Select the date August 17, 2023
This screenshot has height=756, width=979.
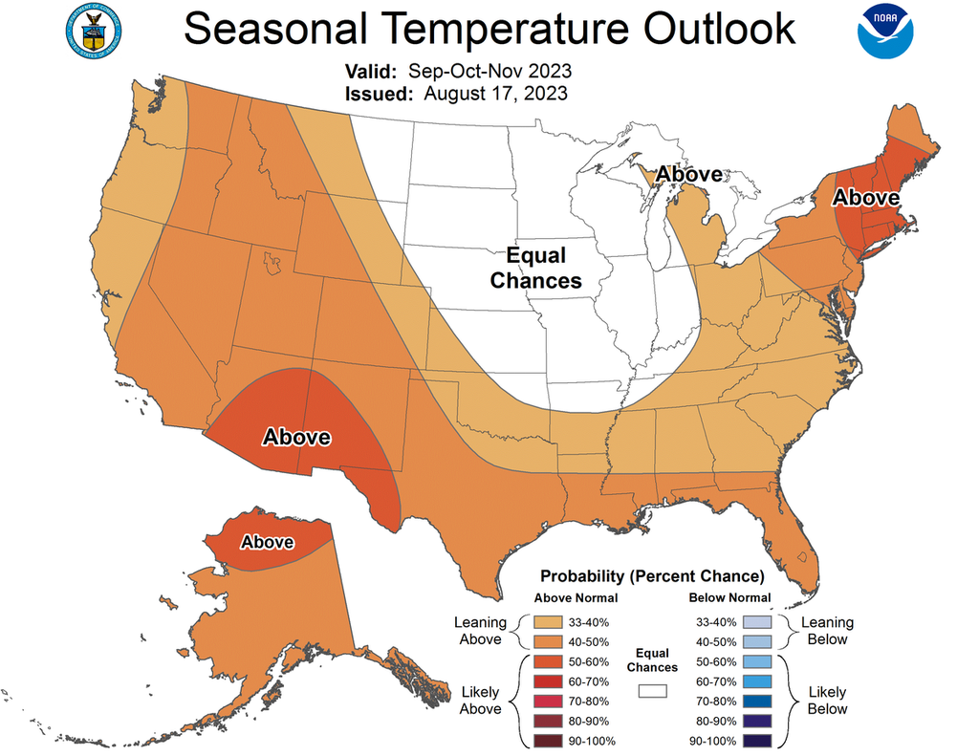[x=495, y=94]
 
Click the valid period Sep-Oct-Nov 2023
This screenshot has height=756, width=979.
[x=489, y=72]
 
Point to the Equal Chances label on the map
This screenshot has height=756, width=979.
[x=535, y=269]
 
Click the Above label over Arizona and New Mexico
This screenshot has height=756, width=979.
[x=296, y=437]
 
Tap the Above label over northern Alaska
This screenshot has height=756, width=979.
[x=267, y=542]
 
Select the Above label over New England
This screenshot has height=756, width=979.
[x=865, y=198]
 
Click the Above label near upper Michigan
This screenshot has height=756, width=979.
[x=689, y=174]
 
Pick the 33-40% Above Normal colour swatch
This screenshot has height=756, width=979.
[x=549, y=621]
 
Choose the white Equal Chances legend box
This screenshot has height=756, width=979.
[x=654, y=689]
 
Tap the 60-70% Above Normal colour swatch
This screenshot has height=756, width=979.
[x=549, y=681]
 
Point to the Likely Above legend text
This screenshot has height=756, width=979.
[x=480, y=700]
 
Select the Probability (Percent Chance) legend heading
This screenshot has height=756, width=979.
[x=652, y=576]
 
